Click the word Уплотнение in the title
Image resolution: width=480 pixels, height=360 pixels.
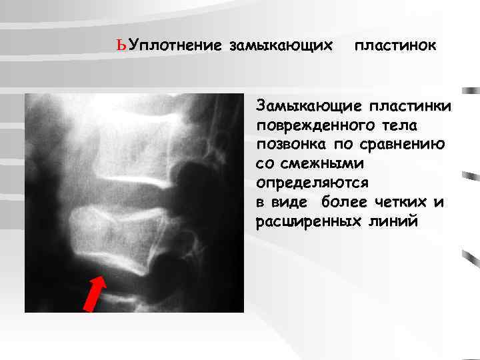(x=175, y=46)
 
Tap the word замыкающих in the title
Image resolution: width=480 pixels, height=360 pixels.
(x=281, y=46)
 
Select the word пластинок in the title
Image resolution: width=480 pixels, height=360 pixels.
(x=396, y=46)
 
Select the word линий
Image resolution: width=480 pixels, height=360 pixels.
(x=395, y=221)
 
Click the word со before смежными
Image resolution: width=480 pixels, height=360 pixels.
(x=263, y=163)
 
